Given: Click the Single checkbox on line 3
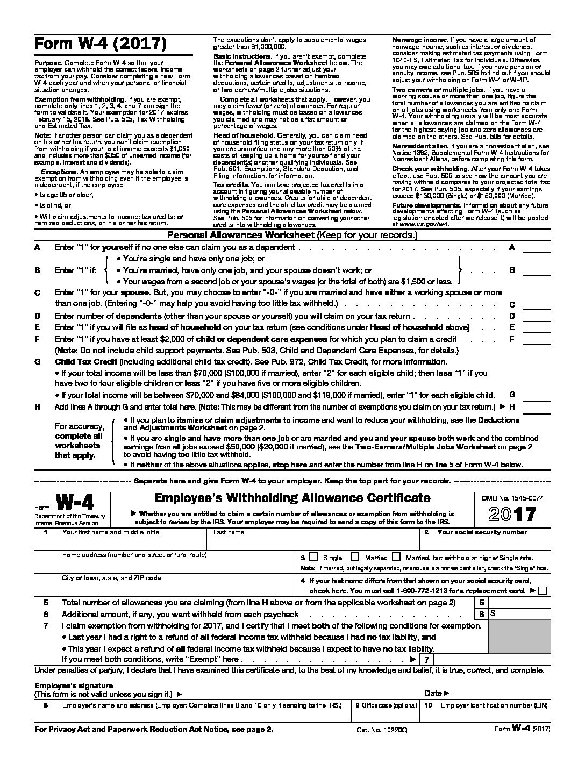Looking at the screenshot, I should point(313,557).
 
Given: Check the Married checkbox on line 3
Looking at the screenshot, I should point(355,557).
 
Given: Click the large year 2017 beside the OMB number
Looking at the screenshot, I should point(512,514).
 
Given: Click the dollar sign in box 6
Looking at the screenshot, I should point(493,613).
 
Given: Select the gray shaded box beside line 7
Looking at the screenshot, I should point(520,637).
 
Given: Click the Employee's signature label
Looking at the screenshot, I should point(74,685).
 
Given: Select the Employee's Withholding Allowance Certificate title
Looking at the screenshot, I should point(292,498).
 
